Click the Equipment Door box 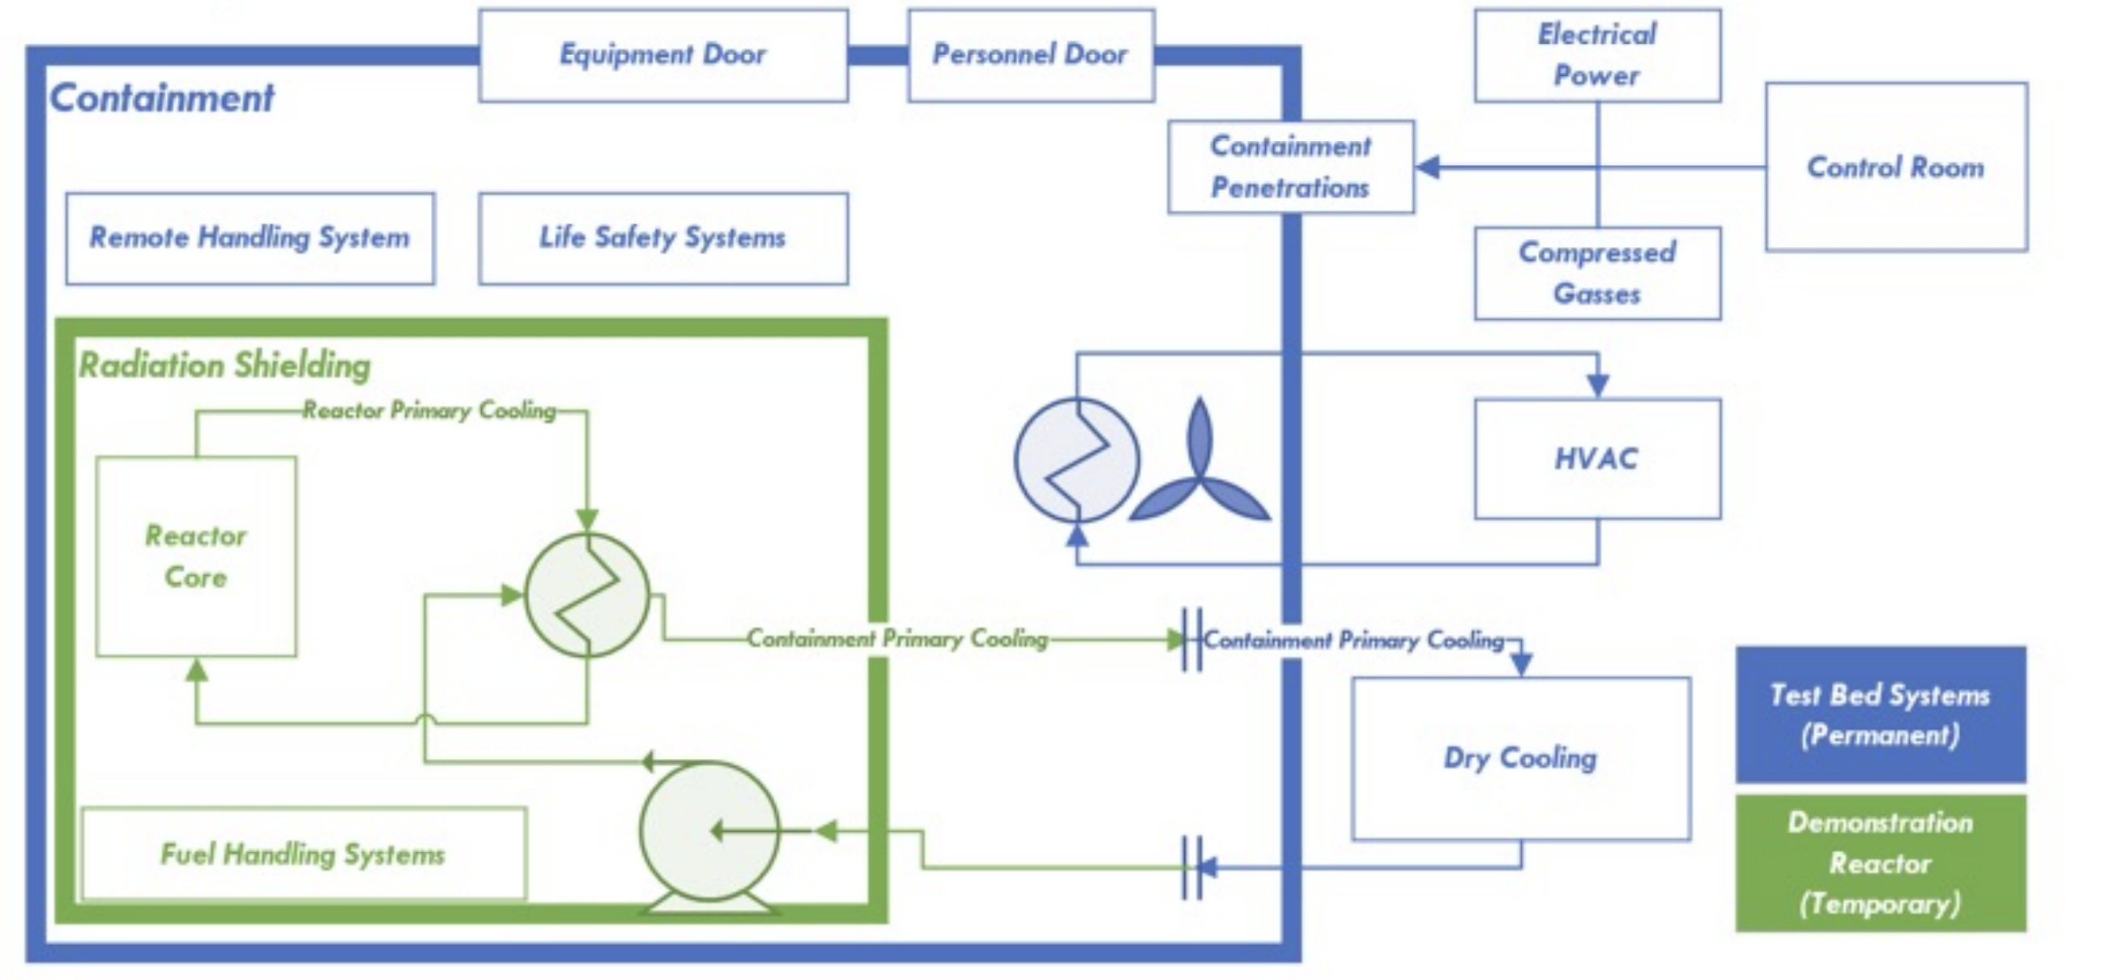pos(663,56)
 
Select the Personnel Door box pos(1031,56)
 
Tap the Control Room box pos(1895,167)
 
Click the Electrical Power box pos(1596,56)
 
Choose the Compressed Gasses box pos(1596,274)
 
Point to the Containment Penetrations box pos(1290,167)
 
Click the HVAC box pos(1596,458)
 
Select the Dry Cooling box pos(1520,758)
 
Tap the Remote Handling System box pos(249,238)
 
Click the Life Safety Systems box pos(663,238)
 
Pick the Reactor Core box pos(197,556)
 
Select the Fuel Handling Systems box pos(303,854)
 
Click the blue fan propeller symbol pos(1199,475)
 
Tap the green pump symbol pos(708,831)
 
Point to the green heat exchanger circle pos(587,595)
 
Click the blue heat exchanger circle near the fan pos(1076,460)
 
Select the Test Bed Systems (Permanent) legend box pos(1881,714)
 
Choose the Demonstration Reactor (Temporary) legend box pos(1881,863)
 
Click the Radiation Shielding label pos(224,365)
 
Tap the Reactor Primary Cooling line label pos(429,410)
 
